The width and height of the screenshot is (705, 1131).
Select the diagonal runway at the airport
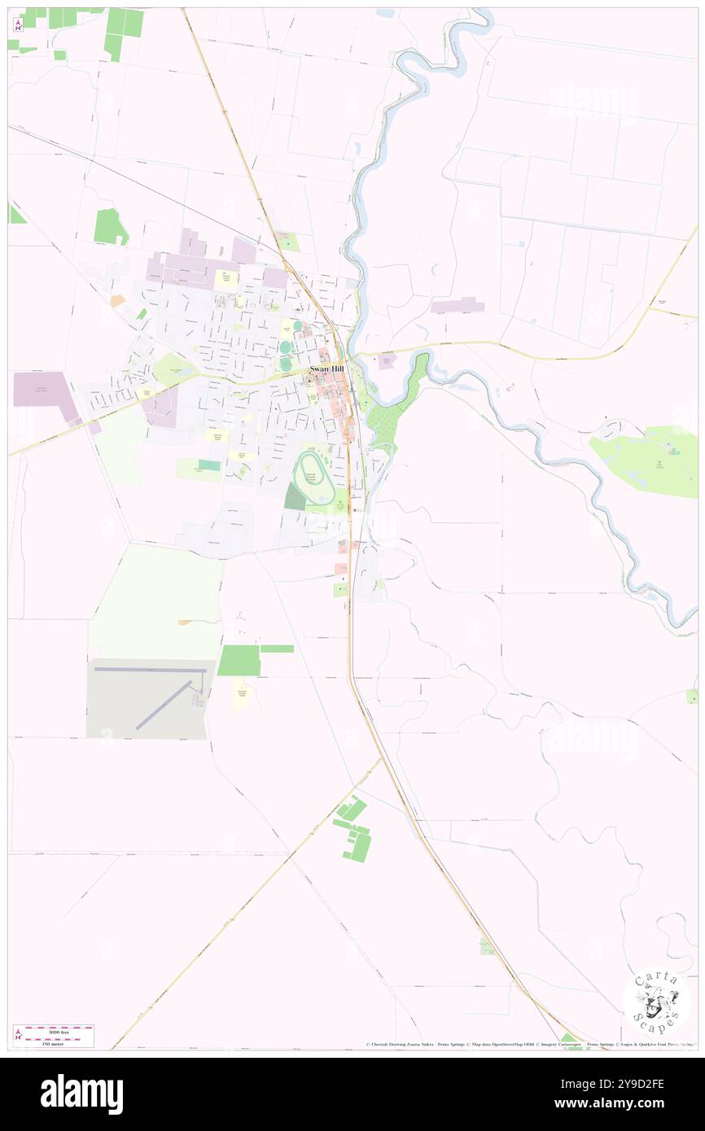pos(167,704)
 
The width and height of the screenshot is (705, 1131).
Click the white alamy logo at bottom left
pos(81,1094)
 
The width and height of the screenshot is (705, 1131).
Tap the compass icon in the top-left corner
pos(18,24)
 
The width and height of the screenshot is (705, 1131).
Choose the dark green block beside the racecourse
pos(295,496)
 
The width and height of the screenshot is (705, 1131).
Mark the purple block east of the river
pos(458,306)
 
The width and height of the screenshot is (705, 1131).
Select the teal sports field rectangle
pos(209,465)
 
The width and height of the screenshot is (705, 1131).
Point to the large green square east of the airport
pos(239,660)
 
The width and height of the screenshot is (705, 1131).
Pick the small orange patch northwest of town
pos(118,300)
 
